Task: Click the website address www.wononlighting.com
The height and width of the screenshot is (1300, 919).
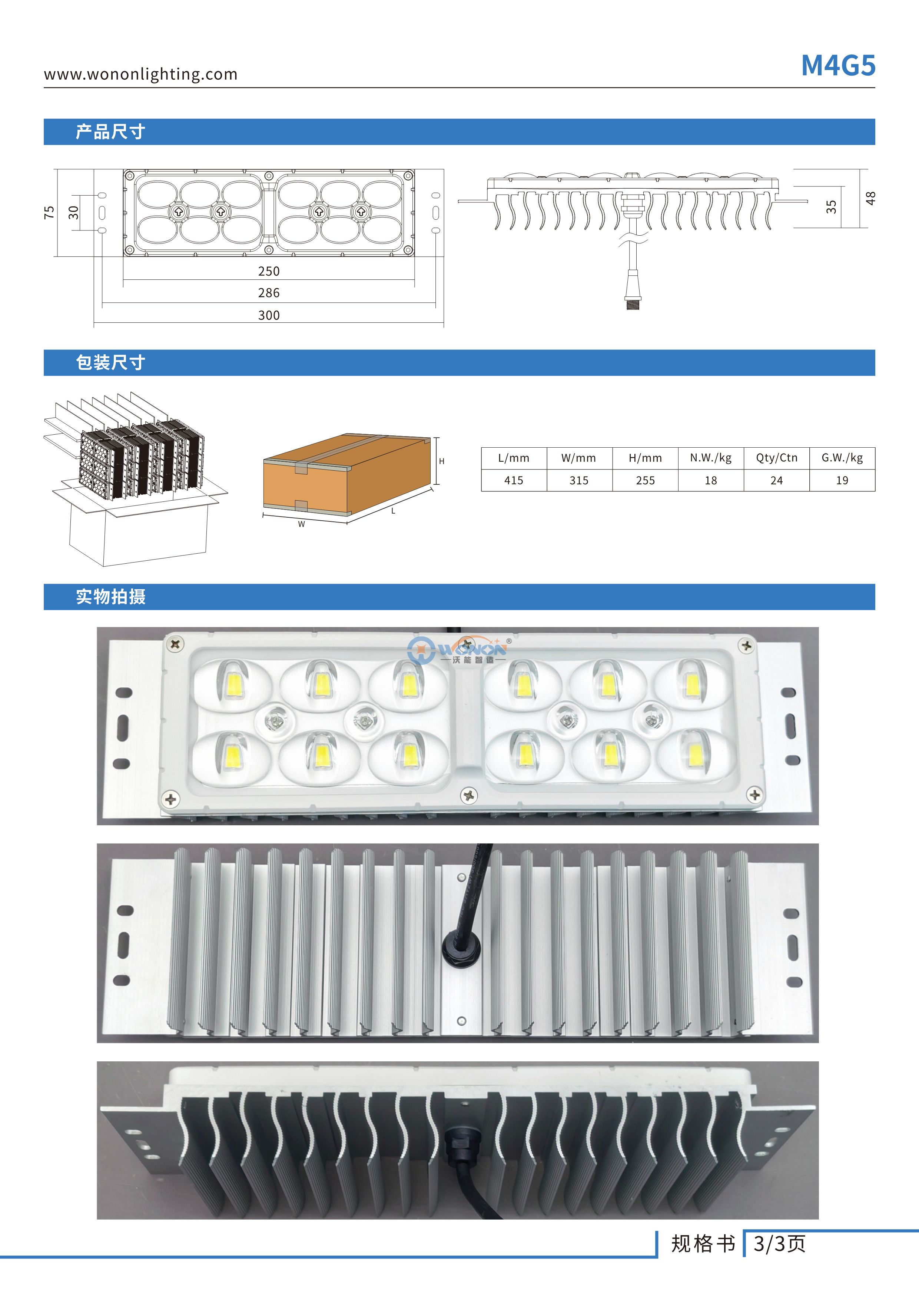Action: click(x=140, y=74)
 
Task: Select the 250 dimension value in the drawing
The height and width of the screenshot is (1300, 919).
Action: click(x=269, y=271)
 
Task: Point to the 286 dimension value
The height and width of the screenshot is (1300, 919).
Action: click(x=269, y=293)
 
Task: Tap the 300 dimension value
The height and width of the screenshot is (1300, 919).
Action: click(x=269, y=315)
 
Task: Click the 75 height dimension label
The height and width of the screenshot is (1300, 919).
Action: click(x=49, y=212)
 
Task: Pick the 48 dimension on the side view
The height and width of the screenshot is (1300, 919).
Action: click(x=870, y=198)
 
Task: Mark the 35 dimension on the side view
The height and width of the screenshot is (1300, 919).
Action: click(x=831, y=207)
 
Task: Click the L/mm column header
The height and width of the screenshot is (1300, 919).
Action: click(x=514, y=458)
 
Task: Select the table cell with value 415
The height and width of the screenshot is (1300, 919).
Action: click(x=514, y=480)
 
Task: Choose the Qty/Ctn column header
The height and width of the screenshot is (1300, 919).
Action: click(x=776, y=458)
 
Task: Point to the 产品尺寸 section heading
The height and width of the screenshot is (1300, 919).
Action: click(x=110, y=132)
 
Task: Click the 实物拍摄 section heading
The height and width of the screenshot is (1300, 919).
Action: click(x=110, y=597)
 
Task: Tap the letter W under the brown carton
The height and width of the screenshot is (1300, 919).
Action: click(x=301, y=524)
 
